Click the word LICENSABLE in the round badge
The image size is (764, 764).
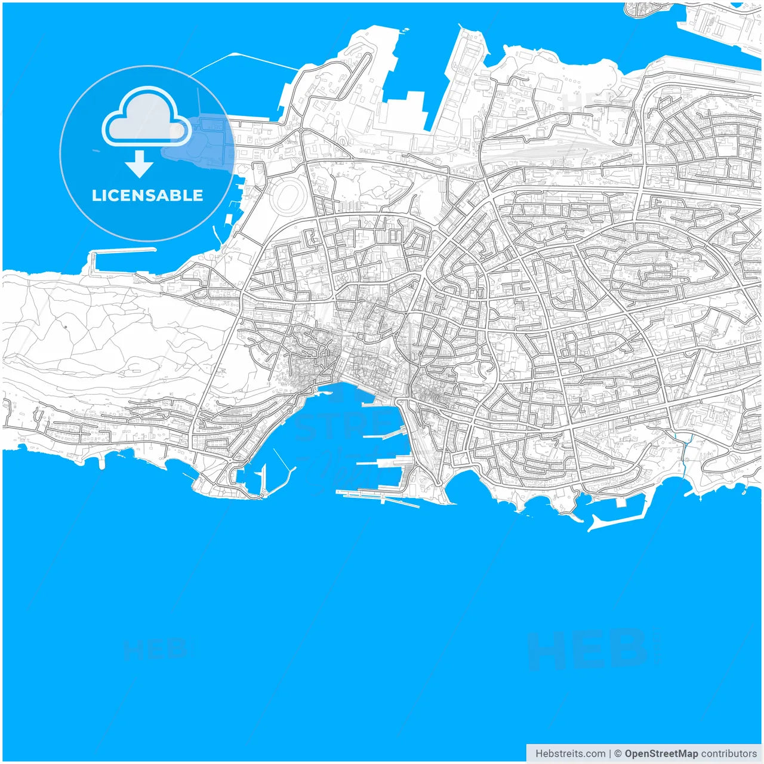147,196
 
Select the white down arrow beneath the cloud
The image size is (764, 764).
140,164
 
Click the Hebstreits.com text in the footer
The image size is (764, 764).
570,754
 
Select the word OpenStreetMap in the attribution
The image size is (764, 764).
661,754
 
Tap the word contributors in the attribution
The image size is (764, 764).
728,754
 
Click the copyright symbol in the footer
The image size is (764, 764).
618,754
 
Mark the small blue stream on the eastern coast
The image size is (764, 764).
685,448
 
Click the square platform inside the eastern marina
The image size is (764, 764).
621,503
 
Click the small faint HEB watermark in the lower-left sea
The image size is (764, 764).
155,649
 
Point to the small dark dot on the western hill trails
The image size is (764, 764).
65,326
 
